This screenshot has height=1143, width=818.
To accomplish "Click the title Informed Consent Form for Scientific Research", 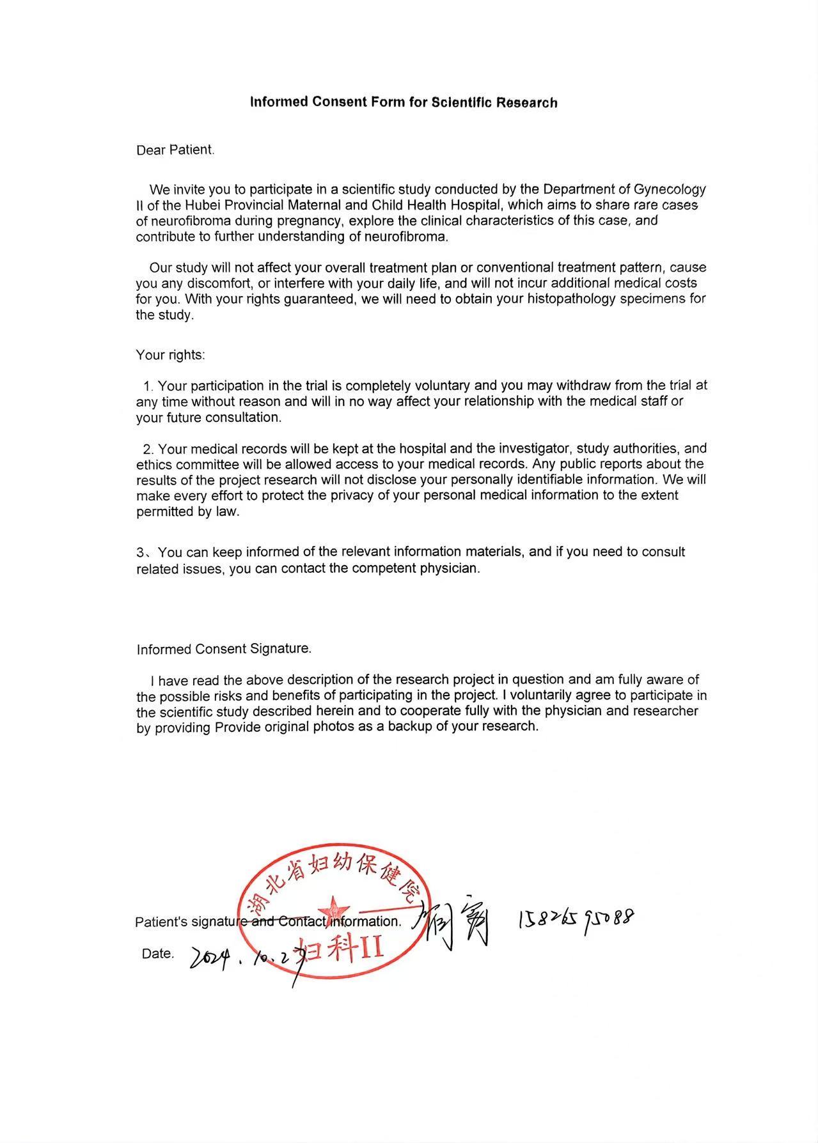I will click(x=404, y=102).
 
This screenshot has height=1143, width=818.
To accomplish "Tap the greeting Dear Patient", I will click(x=175, y=150).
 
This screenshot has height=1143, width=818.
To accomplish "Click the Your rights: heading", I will click(x=170, y=355).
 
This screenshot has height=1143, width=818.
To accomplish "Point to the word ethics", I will click(x=154, y=465).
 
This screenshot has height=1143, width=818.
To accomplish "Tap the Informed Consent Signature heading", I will click(x=224, y=649).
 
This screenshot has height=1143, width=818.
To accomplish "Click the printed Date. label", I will click(x=158, y=954).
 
